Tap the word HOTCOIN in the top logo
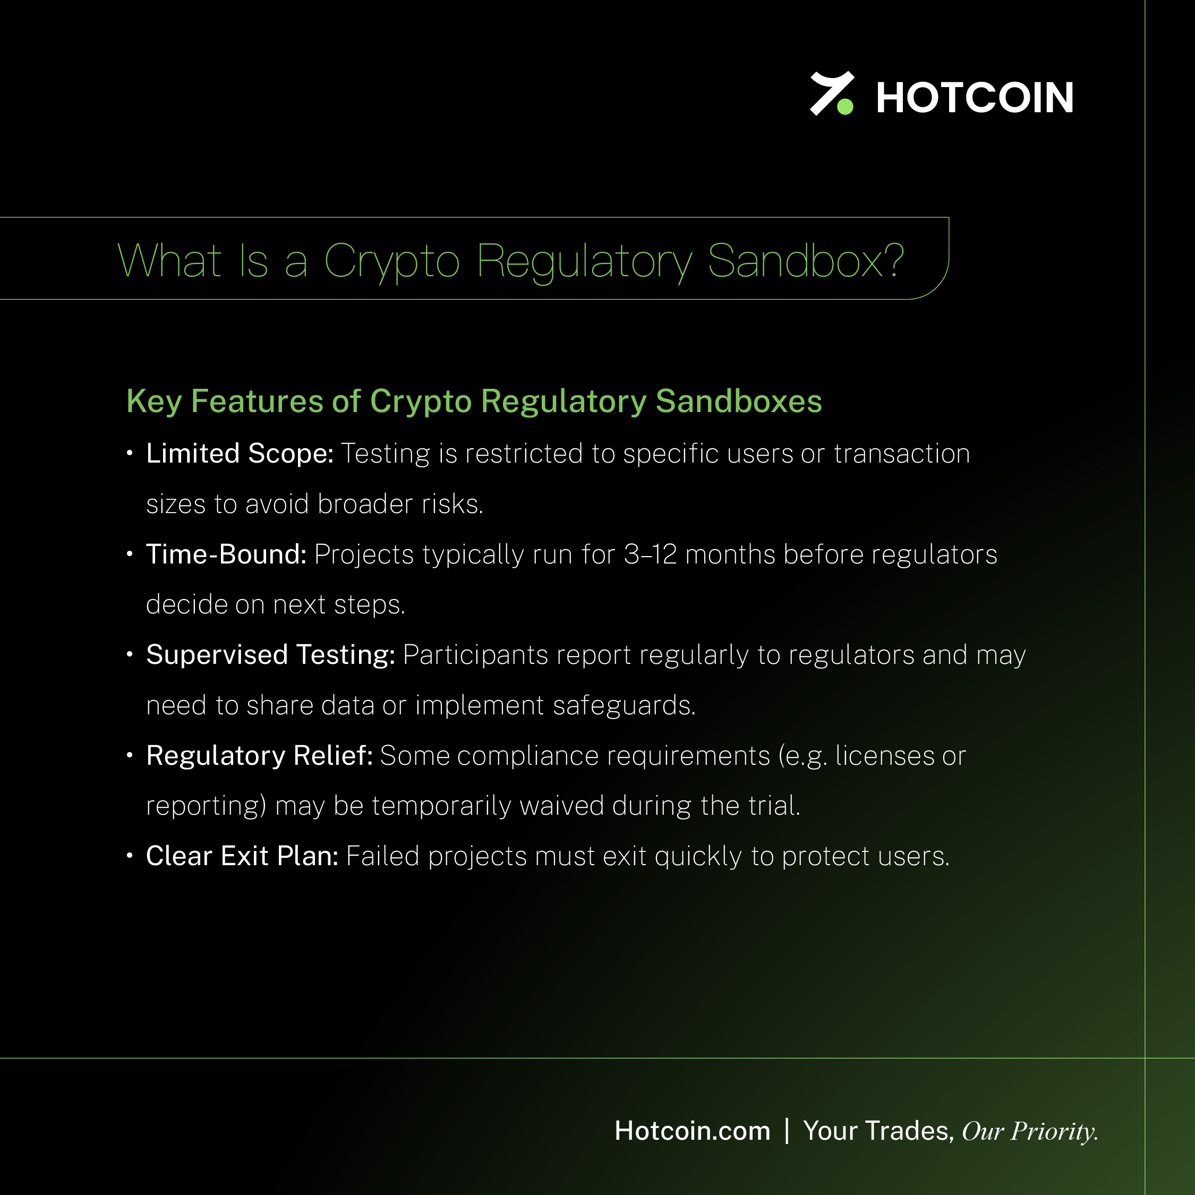975,98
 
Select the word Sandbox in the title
794,260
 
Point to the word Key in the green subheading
154,402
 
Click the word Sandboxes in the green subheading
739,401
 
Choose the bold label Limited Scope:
240,454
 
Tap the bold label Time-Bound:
226,554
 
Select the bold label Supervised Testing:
270,655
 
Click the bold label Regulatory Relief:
259,756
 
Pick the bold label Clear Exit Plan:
242,856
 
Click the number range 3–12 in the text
650,554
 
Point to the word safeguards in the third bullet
624,706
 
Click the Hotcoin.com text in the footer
693,1131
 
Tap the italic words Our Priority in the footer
1030,1132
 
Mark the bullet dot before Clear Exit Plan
129,856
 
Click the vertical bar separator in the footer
787,1131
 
